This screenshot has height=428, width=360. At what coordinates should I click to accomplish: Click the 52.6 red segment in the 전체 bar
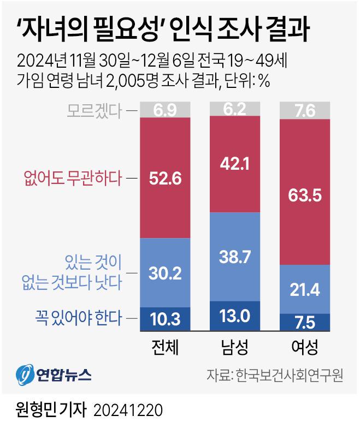[x=165, y=178]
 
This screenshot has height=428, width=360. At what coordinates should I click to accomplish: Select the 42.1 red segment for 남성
[x=235, y=164]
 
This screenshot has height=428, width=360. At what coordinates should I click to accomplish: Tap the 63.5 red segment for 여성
[x=305, y=192]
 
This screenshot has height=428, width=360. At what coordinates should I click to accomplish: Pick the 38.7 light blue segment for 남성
[x=235, y=257]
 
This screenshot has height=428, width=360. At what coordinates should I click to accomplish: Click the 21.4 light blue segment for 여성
[x=305, y=289]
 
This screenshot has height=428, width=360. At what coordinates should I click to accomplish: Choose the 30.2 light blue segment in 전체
[x=165, y=273]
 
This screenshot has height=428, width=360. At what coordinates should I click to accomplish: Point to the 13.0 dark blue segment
[x=235, y=316]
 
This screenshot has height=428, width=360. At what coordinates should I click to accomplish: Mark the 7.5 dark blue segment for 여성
[x=305, y=322]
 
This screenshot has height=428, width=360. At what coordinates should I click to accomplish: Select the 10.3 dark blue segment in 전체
[x=165, y=319]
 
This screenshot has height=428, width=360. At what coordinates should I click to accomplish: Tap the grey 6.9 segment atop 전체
[x=165, y=110]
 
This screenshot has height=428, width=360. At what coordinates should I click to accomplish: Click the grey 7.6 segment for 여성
[x=305, y=110]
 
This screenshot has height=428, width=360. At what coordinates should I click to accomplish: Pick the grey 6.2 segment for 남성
[x=235, y=109]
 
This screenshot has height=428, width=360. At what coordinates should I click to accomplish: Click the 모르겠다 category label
[x=94, y=111]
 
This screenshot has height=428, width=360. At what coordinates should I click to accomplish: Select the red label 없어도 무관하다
[x=73, y=178]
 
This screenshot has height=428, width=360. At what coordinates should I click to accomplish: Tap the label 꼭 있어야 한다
[x=79, y=318]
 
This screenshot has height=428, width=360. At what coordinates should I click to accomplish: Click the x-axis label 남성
[x=235, y=347]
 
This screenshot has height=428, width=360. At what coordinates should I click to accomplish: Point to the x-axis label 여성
[x=305, y=347]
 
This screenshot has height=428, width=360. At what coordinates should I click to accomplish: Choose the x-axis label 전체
[x=165, y=347]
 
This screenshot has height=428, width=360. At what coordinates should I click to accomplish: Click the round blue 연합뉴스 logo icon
[x=25, y=374]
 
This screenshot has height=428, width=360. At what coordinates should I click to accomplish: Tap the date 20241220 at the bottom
[x=128, y=411]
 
